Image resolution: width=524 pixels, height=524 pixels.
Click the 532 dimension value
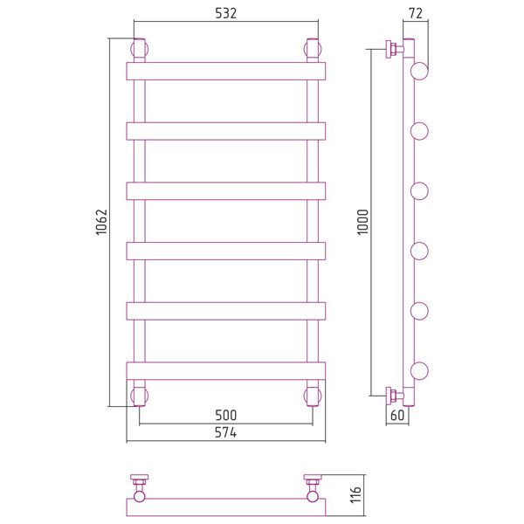pyautogui.click(x=225, y=13)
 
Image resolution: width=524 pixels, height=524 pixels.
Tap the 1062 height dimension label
pyautogui.click(x=101, y=222)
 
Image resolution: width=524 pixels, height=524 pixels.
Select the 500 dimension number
pyautogui.click(x=225, y=415)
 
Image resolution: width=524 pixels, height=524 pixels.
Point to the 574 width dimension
pyautogui.click(x=225, y=432)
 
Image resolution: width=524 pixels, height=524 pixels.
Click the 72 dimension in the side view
pyautogui.click(x=416, y=13)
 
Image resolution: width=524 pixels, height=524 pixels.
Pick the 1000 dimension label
pyautogui.click(x=362, y=222)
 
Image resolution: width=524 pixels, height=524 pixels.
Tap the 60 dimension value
pyautogui.click(x=397, y=415)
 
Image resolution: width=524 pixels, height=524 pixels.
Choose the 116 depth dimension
pyautogui.click(x=356, y=494)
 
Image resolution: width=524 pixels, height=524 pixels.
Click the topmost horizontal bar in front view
pyautogui.click(x=226, y=72)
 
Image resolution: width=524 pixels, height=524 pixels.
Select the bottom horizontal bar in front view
pyautogui.click(x=226, y=371)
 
